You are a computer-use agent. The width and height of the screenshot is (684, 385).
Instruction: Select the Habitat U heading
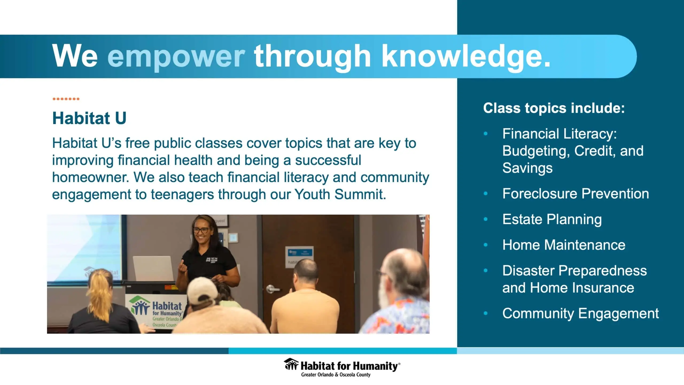click(x=89, y=118)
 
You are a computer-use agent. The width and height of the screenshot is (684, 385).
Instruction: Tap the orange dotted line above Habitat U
click(x=66, y=99)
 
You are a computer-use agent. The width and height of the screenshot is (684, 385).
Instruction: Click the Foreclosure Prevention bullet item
click(x=576, y=194)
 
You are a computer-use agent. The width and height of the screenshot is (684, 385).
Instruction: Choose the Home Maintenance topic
click(x=564, y=245)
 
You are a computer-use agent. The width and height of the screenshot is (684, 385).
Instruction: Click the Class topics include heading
click(x=554, y=108)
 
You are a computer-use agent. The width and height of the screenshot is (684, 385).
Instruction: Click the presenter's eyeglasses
click(x=201, y=230)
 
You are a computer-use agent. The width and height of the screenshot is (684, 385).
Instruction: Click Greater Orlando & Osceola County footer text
click(x=336, y=375)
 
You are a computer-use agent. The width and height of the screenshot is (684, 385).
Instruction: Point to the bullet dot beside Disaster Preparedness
click(x=486, y=271)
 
